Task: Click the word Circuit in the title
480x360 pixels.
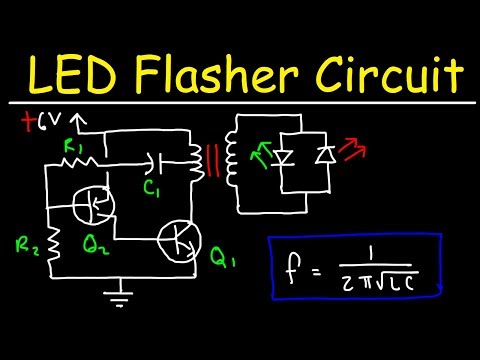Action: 395,73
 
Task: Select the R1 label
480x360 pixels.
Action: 72,147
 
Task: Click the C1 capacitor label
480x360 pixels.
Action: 151,186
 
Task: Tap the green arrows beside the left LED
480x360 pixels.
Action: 265,152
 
